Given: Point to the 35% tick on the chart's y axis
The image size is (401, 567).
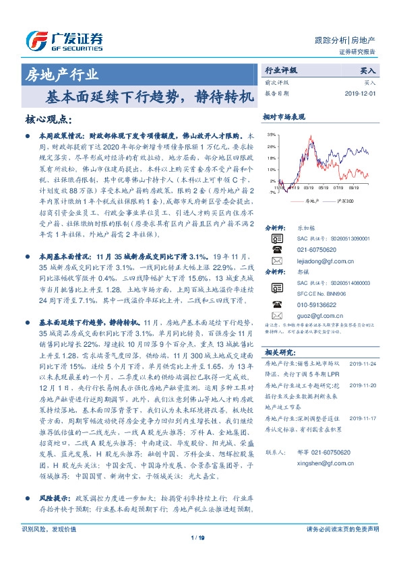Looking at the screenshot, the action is [x=271, y=135].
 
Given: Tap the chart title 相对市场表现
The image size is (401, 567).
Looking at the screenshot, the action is [x=280, y=116].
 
